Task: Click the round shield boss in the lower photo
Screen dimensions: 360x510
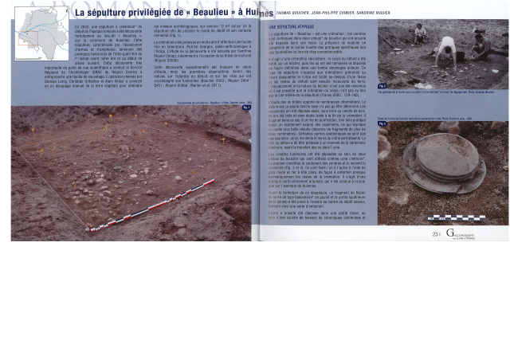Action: coord(449,162)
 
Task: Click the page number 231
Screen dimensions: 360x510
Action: coord(436,234)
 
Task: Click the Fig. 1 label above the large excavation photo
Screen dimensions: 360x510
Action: coord(246,108)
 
